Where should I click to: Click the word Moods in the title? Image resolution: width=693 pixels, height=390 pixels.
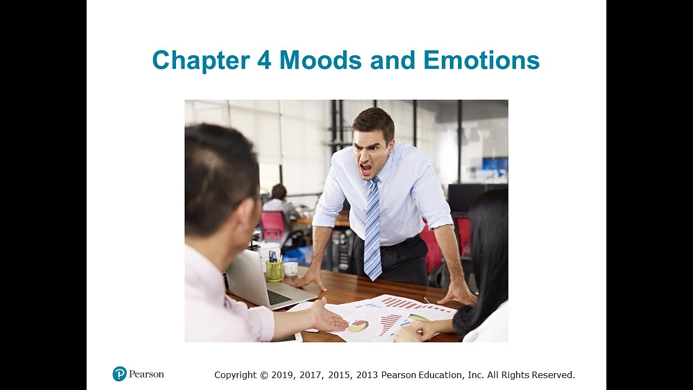[x=320, y=60]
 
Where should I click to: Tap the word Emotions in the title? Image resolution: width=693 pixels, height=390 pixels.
[x=481, y=60]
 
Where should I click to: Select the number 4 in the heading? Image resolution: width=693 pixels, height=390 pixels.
[x=264, y=60]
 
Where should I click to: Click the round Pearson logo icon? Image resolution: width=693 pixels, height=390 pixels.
[x=120, y=374]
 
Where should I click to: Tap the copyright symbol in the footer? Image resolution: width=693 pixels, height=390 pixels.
[x=264, y=375]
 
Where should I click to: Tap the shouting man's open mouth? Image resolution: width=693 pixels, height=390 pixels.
[x=367, y=168]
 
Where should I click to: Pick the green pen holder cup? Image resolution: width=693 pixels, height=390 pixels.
[x=274, y=270]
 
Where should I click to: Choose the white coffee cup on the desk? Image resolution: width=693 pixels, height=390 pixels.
[x=290, y=268]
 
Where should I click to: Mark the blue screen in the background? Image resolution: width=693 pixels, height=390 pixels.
[x=495, y=165]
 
